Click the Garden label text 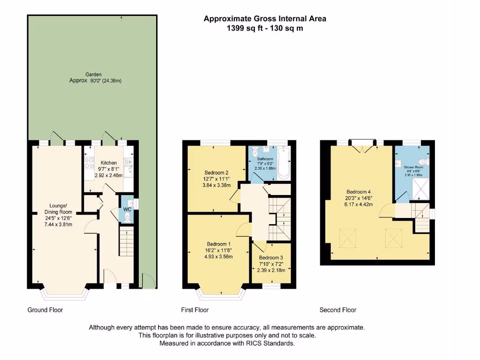tap(93, 75)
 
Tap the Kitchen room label tap(109, 163)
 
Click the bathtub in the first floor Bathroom tap(284, 163)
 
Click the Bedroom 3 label tap(271, 258)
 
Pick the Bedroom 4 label tap(359, 192)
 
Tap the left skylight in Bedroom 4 tap(347, 238)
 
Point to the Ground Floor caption tap(45, 310)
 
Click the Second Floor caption tap(338, 310)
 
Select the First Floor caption tap(195, 310)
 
